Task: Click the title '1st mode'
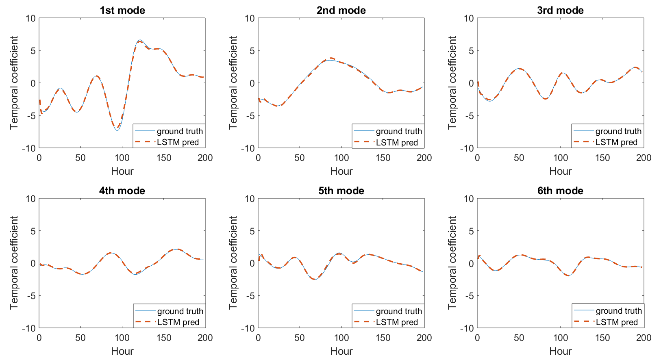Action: pyautogui.click(x=122, y=11)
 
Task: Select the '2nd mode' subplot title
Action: pyautogui.click(x=341, y=11)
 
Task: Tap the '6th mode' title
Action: pyautogui.click(x=560, y=191)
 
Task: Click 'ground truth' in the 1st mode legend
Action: pyautogui.click(x=180, y=131)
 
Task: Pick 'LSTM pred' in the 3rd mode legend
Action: pyautogui.click(x=616, y=142)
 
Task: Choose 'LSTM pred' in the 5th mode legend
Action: pyautogui.click(x=397, y=322)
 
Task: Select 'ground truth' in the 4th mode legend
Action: pyautogui.click(x=180, y=311)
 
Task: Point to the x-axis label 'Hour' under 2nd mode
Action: pyautogui.click(x=341, y=171)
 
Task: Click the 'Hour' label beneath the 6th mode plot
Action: pyautogui.click(x=560, y=351)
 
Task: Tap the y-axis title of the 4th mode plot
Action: pyautogui.click(x=14, y=263)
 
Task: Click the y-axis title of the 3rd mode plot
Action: pyautogui.click(x=452, y=83)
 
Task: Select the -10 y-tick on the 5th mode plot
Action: pyautogui.click(x=248, y=328)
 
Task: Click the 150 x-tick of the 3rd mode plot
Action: pyautogui.click(x=602, y=158)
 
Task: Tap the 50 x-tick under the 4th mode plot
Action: pyautogui.click(x=80, y=338)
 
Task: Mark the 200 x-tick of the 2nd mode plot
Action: pyautogui.click(x=424, y=158)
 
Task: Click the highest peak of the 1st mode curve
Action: pyautogui.click(x=139, y=41)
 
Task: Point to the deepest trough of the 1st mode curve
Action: pyautogui.click(x=117, y=130)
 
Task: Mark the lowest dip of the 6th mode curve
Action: pyautogui.click(x=569, y=275)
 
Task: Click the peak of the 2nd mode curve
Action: pyautogui.click(x=331, y=59)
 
